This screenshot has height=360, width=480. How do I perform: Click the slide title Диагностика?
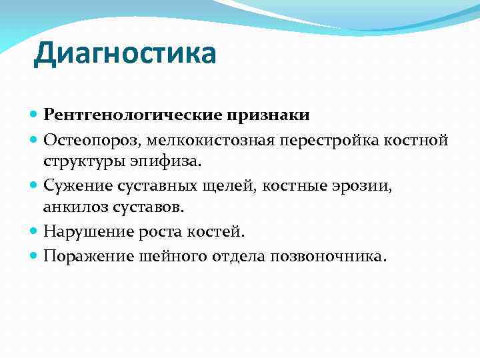125,54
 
